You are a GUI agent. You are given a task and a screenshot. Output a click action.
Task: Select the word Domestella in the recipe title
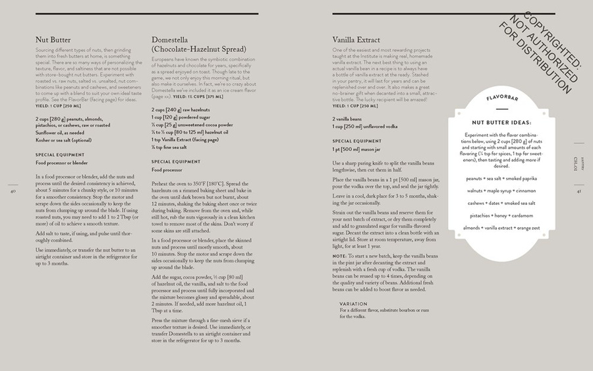(173, 40)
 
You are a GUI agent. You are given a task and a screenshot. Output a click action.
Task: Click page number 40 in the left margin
(13, 192)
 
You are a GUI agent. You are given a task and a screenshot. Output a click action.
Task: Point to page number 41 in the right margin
(579, 192)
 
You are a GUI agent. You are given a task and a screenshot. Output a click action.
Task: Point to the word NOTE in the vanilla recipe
(339, 256)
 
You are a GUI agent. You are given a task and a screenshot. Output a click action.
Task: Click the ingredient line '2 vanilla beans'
(349, 119)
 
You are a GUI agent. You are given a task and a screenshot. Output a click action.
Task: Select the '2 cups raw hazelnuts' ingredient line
(178, 110)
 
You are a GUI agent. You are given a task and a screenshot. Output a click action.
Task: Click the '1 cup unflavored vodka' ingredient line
(365, 126)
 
